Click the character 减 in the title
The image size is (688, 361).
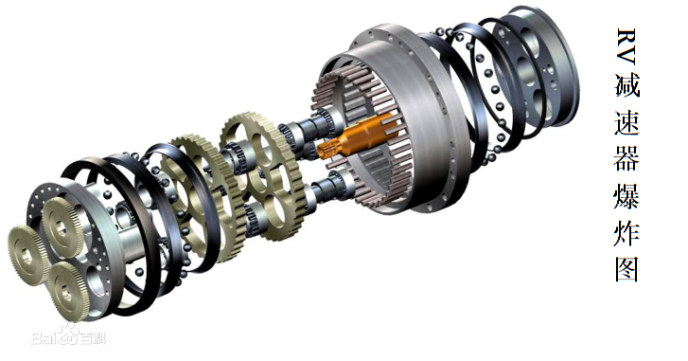click(627, 85)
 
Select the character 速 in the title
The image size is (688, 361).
click(627, 123)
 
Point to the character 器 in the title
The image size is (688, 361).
click(627, 158)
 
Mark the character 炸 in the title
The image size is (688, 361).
click(627, 233)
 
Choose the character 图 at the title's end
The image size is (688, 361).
click(627, 268)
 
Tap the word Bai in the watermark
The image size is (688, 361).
click(43, 337)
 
